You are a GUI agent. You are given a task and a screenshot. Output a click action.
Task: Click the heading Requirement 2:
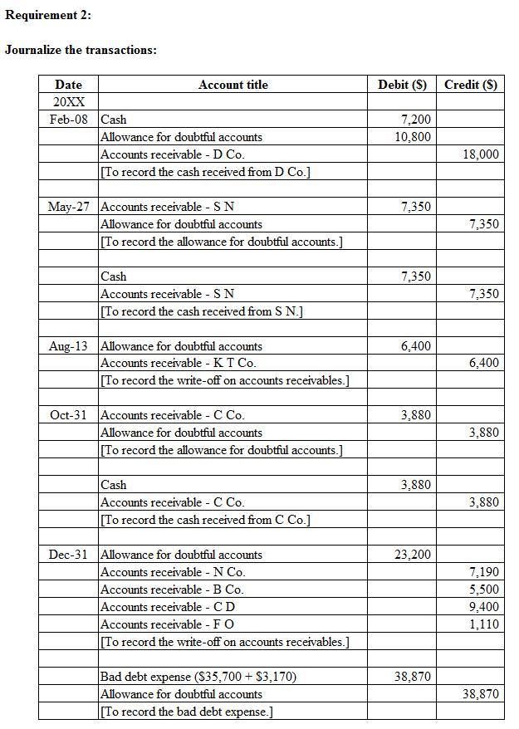click(48, 15)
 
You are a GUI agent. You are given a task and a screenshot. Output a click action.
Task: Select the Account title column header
click(233, 85)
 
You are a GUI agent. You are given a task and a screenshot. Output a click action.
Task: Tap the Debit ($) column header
click(402, 85)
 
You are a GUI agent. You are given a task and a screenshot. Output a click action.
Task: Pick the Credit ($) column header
click(471, 85)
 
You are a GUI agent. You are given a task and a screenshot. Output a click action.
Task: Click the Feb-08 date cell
click(68, 120)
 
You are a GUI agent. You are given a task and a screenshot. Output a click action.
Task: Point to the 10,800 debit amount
click(413, 137)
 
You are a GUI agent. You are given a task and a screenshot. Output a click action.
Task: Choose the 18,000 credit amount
click(482, 154)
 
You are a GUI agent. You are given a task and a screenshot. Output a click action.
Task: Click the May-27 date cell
click(68, 207)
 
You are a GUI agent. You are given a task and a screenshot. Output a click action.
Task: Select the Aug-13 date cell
click(68, 346)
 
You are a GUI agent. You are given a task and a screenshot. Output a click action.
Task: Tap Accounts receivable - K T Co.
click(178, 364)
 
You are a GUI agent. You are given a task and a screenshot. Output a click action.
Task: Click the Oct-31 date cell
click(68, 415)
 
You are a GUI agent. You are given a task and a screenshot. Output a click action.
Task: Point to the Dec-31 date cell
click(68, 555)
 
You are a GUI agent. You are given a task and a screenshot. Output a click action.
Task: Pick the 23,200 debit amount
click(413, 555)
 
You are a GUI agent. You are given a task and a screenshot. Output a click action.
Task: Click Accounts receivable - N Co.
click(173, 572)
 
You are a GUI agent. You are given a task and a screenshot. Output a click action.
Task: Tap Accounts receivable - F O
click(167, 624)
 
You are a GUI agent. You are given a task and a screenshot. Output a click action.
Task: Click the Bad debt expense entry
click(198, 677)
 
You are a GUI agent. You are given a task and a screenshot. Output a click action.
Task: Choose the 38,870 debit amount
click(413, 677)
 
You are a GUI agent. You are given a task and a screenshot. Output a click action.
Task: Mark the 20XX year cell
click(68, 102)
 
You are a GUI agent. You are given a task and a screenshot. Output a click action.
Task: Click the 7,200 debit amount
click(415, 120)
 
